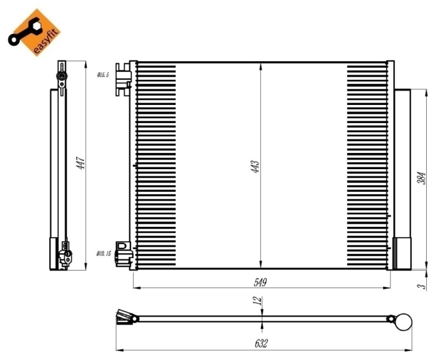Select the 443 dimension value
[x=255, y=166]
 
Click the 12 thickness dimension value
[x=257, y=302]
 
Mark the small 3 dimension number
[x=422, y=287]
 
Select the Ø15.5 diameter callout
[x=103, y=75]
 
